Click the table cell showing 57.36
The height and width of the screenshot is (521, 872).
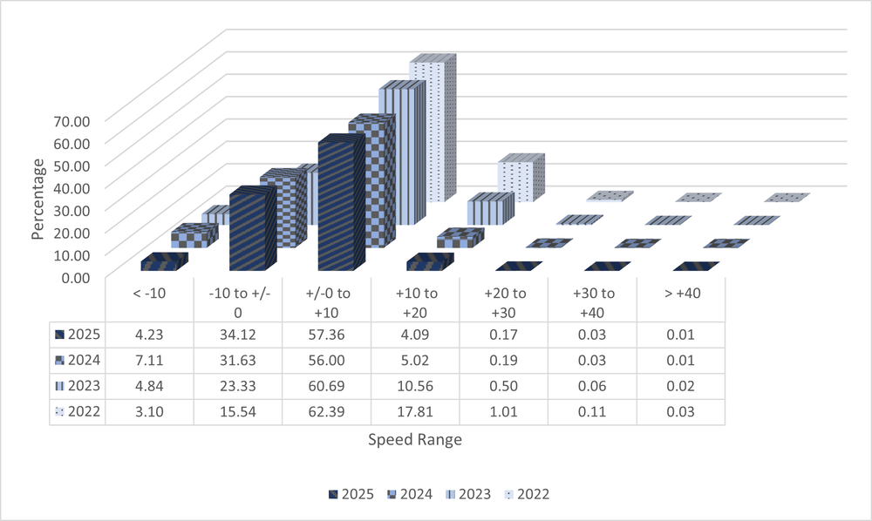click(326, 334)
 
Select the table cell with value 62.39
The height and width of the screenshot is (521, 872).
click(326, 412)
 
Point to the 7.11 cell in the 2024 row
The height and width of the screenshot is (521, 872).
click(148, 360)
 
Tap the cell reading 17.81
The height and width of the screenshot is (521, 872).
click(415, 412)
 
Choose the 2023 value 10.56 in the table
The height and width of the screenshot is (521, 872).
click(415, 386)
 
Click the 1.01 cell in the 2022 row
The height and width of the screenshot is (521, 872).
click(504, 412)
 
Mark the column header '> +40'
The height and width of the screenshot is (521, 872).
click(681, 294)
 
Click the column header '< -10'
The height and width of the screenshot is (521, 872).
click(148, 294)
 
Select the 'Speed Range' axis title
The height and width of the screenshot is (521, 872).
click(415, 440)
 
